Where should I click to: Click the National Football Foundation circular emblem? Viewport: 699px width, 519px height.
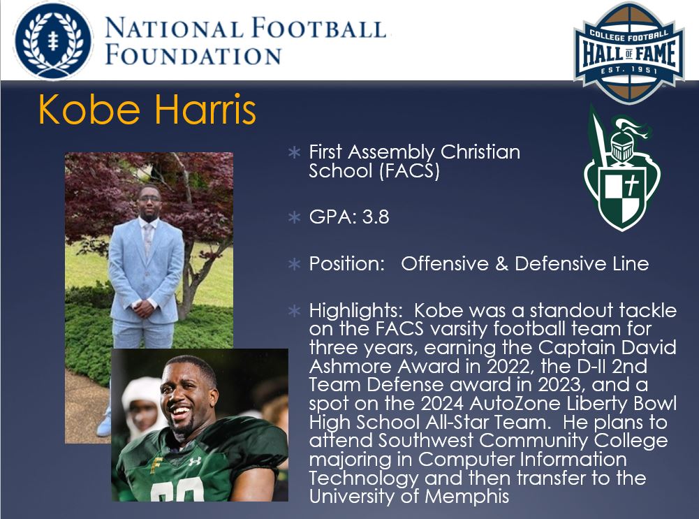click(53, 40)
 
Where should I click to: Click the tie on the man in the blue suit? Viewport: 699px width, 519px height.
click(148, 237)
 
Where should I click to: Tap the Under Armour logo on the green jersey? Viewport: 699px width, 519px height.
click(195, 461)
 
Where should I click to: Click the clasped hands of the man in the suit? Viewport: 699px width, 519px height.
click(144, 307)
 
